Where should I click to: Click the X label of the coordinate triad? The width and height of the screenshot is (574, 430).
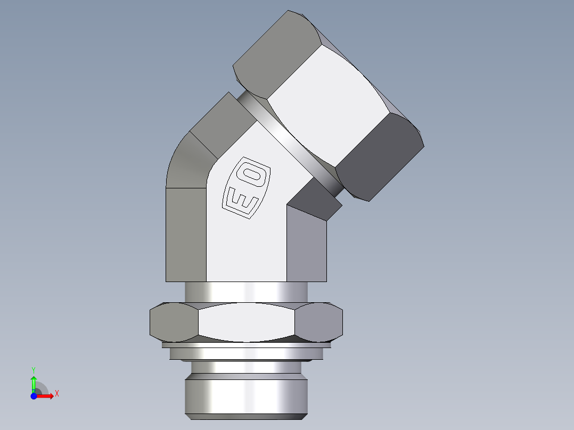point(57,394)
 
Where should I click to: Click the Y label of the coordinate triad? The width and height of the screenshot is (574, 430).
point(33,369)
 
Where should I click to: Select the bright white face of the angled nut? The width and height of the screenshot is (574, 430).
point(330,106)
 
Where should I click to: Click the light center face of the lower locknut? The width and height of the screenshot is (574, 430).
point(246,322)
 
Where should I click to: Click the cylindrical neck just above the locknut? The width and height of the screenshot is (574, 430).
point(246,292)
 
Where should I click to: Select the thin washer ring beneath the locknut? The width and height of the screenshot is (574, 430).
point(246,353)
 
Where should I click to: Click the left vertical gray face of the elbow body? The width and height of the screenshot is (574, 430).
point(186,234)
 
